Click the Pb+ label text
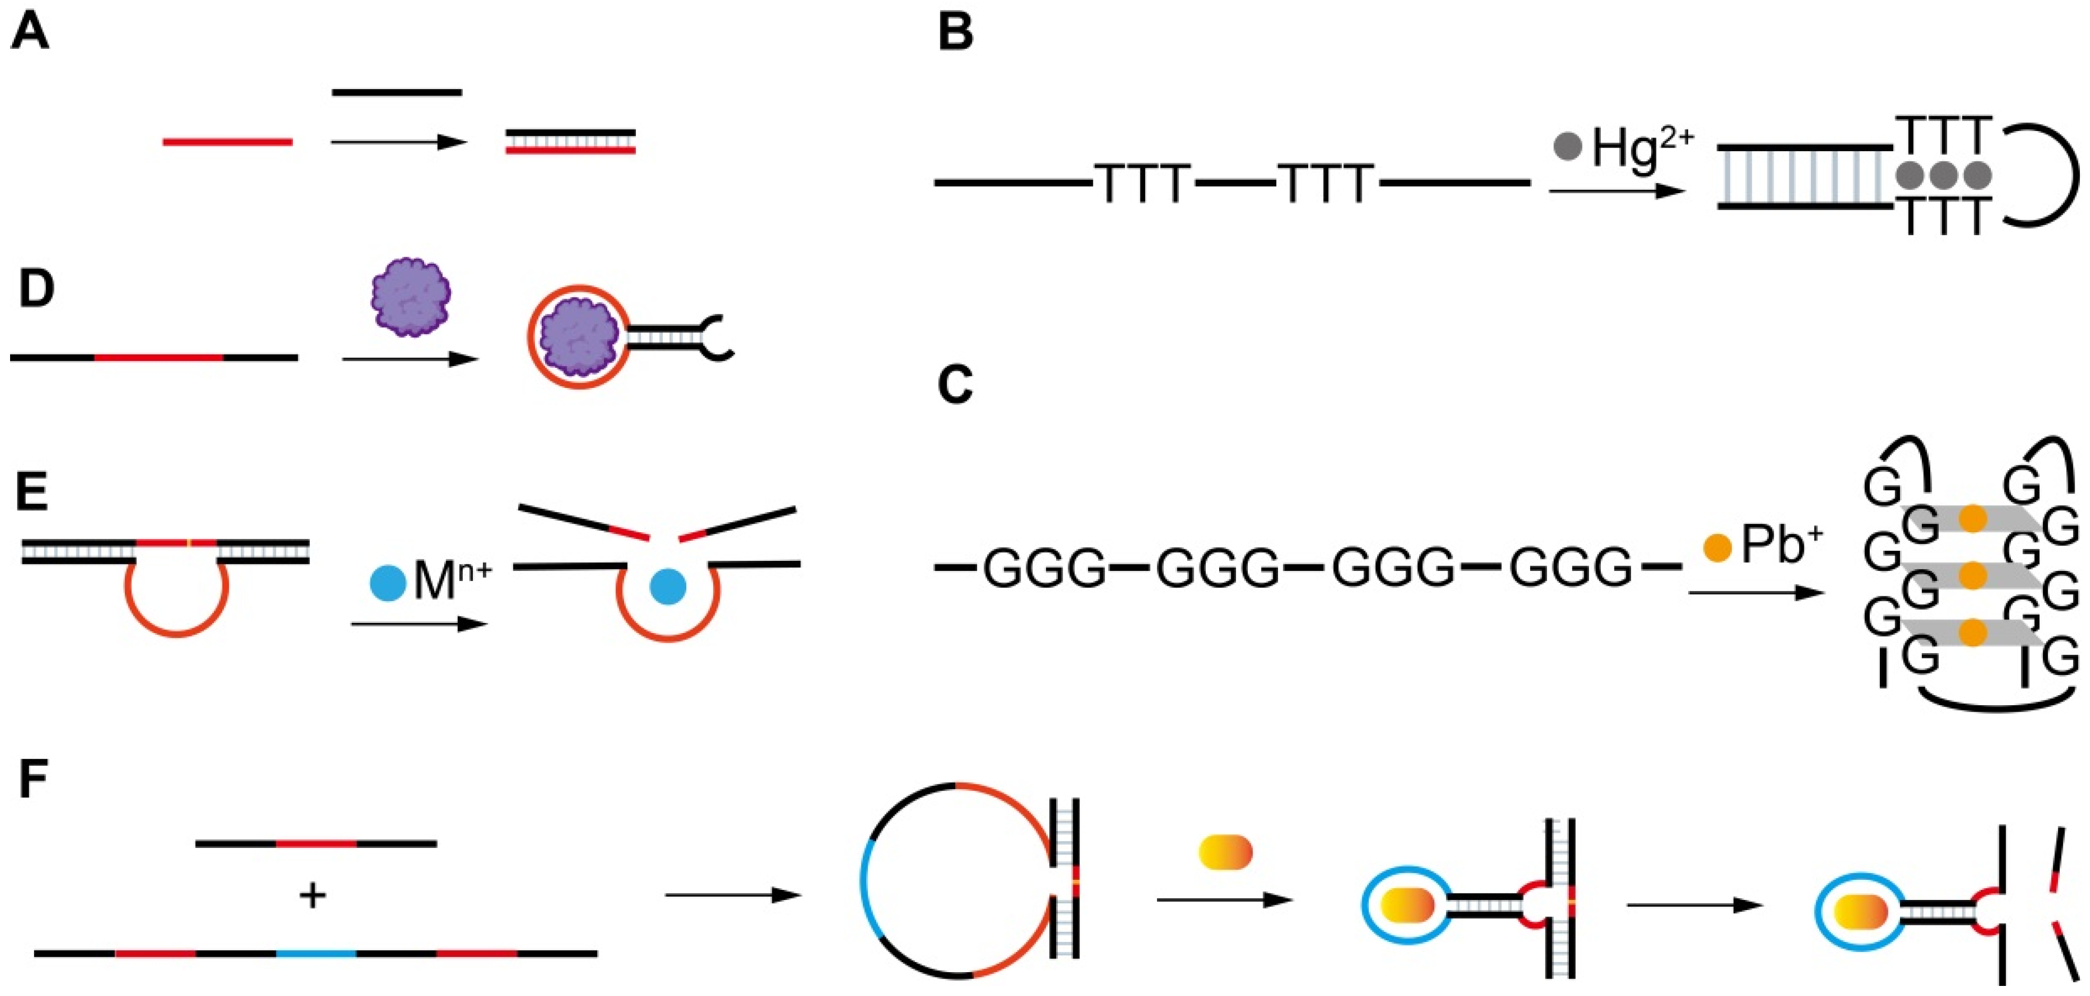coord(1782,545)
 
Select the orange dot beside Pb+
coord(1717,548)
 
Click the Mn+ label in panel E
coord(452,579)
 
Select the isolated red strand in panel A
coord(227,143)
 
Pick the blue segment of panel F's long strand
coord(316,953)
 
